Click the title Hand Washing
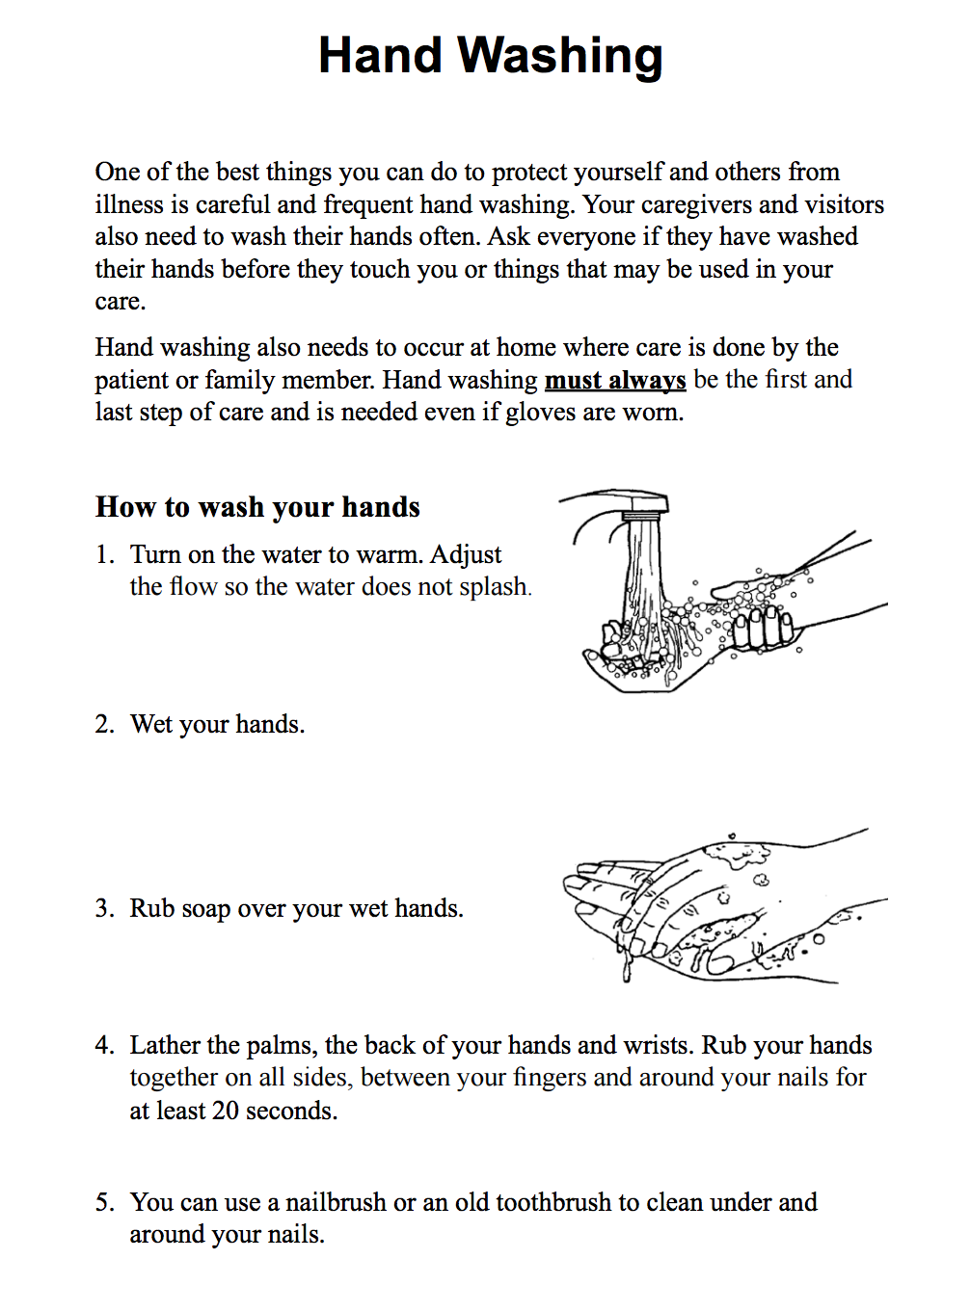490,56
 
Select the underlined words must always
615,380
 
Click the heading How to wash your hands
257,507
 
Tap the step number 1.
104,555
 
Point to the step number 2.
104,725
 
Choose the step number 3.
104,909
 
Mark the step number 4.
104,1046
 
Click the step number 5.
104,1203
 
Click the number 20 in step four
225,1111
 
